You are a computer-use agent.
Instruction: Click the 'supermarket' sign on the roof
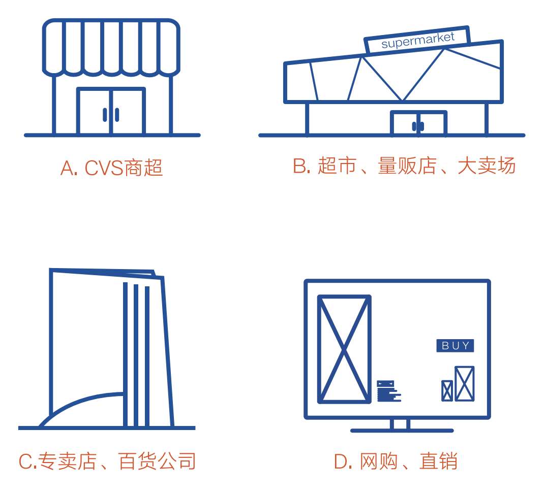click(417, 40)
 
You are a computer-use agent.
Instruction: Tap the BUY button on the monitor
click(455, 346)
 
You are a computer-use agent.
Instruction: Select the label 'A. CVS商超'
click(111, 168)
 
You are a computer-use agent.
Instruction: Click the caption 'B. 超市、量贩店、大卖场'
click(404, 166)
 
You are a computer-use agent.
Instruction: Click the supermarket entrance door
click(418, 124)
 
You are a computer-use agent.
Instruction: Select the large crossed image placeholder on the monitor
click(344, 349)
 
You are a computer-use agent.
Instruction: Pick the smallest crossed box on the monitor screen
click(447, 390)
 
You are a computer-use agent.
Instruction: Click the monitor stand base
click(402, 430)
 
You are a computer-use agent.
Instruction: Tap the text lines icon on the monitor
click(388, 391)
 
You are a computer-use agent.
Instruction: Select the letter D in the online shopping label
click(340, 461)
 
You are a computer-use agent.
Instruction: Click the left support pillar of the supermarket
click(307, 119)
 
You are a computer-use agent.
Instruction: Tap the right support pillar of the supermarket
click(486, 119)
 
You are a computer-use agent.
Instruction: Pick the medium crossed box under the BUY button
click(464, 383)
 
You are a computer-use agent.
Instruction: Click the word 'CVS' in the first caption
click(105, 168)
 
